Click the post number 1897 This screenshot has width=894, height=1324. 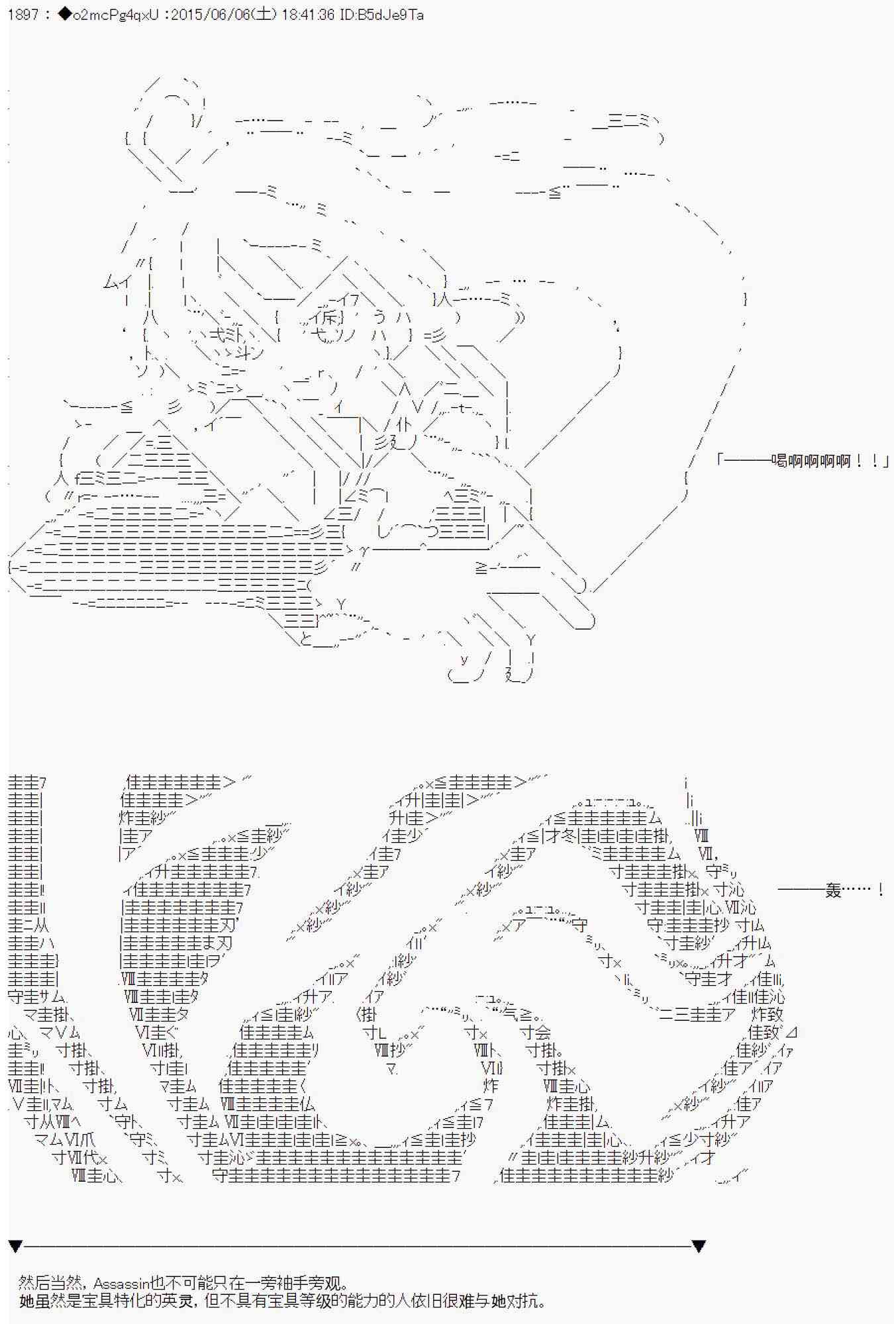coord(24,15)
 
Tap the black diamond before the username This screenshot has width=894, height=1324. coord(64,15)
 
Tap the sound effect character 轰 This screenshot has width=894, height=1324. coord(833,890)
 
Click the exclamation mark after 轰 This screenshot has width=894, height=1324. coord(880,890)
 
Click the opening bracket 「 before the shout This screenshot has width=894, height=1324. coord(721,461)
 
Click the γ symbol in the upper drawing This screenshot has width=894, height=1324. coord(364,550)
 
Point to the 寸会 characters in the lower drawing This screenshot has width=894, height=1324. coord(535,1032)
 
